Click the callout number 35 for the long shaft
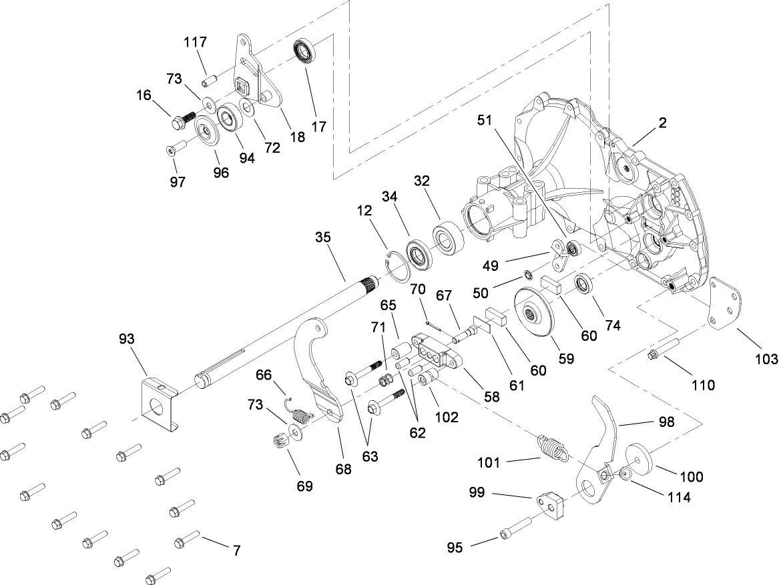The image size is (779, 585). [x=322, y=238]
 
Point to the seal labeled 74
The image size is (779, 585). [x=584, y=284]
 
